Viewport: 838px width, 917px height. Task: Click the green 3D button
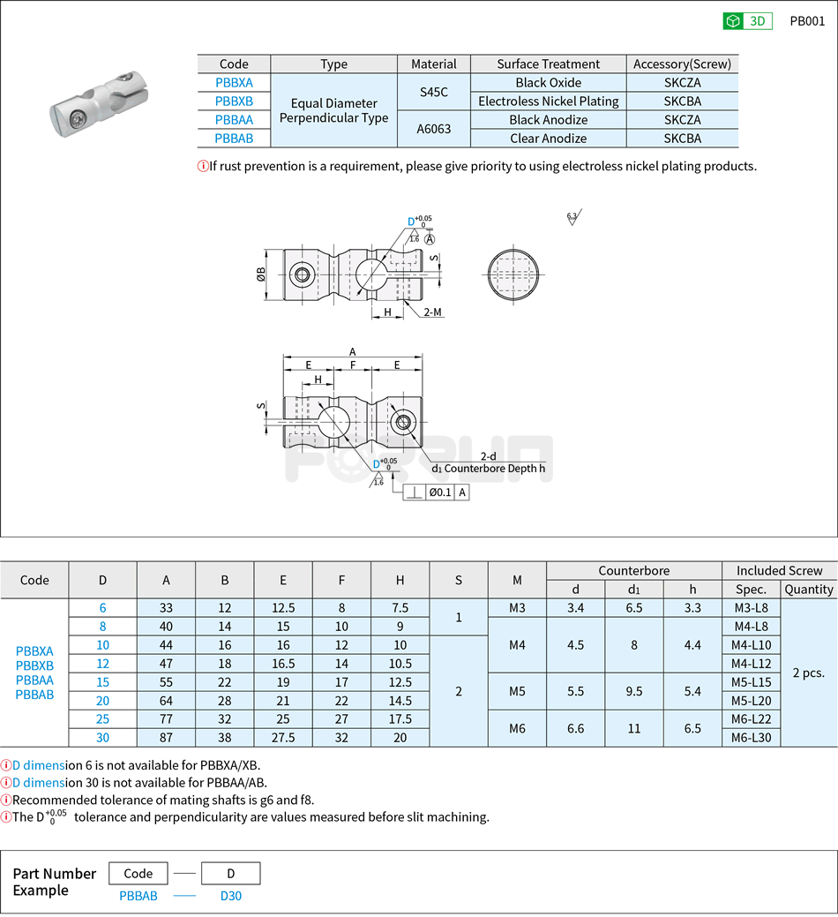pos(747,21)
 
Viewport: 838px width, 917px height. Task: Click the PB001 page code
pos(806,21)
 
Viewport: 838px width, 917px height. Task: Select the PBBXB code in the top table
pos(234,101)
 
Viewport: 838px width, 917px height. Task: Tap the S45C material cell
pos(434,92)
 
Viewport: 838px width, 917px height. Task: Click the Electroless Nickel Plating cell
pos(548,101)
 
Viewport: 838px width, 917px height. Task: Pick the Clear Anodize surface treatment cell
pos(548,139)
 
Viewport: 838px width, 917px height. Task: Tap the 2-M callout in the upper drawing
pos(432,312)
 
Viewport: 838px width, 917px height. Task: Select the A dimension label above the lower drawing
pos(353,351)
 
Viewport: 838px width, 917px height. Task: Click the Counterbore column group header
pos(633,571)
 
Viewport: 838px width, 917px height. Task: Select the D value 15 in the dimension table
pos(103,682)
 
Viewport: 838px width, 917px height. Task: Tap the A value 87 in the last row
pos(166,738)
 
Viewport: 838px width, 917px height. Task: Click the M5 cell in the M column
pos(517,691)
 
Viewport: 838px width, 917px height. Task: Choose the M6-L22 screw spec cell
pos(751,719)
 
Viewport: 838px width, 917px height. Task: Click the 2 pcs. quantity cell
pos(808,673)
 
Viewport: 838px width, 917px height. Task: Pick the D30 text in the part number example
pos(230,896)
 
